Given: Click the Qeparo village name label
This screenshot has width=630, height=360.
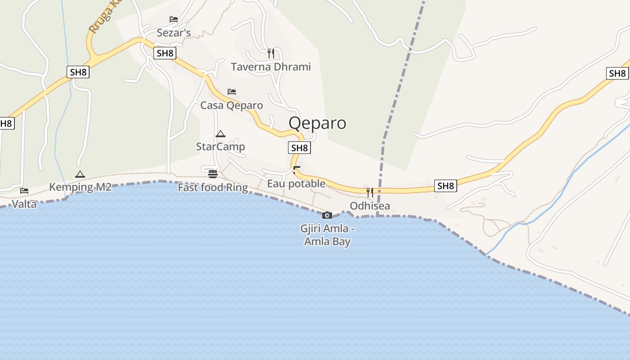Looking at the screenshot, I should click(x=317, y=123).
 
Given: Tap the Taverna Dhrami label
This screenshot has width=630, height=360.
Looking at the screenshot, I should click(x=271, y=67).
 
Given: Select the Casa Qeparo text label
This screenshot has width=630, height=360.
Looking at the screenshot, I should click(x=232, y=105).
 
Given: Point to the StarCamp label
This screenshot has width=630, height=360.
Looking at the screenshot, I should click(x=220, y=147).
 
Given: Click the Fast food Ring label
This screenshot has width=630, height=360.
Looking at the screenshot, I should click(x=213, y=187).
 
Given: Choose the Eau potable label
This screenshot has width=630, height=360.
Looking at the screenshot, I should click(x=296, y=184).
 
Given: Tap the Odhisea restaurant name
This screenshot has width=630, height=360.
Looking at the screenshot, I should click(x=370, y=206).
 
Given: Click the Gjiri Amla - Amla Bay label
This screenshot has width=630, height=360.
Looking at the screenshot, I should click(x=327, y=235).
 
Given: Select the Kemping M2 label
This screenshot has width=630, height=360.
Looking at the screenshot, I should click(x=80, y=187).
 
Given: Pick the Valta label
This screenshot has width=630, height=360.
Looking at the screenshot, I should click(x=24, y=204).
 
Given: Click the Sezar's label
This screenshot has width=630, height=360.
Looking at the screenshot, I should click(x=174, y=33).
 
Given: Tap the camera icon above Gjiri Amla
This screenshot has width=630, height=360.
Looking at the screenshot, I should click(x=327, y=215).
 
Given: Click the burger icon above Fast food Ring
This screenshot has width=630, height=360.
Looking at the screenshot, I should click(x=213, y=174).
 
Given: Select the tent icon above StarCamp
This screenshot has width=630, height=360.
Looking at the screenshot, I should click(x=220, y=134).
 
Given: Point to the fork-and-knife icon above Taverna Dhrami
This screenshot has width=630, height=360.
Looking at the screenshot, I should click(x=271, y=54).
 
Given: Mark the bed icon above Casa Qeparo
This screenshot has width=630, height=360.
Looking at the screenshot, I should click(x=232, y=91).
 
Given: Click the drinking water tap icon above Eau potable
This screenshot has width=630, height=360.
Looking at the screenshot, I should click(x=296, y=170).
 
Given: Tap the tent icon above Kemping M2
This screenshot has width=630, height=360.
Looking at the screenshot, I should click(x=80, y=174).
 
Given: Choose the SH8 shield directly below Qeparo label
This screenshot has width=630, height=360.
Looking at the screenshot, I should click(x=299, y=148).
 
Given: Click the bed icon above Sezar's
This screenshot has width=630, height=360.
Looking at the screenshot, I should click(x=174, y=19).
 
